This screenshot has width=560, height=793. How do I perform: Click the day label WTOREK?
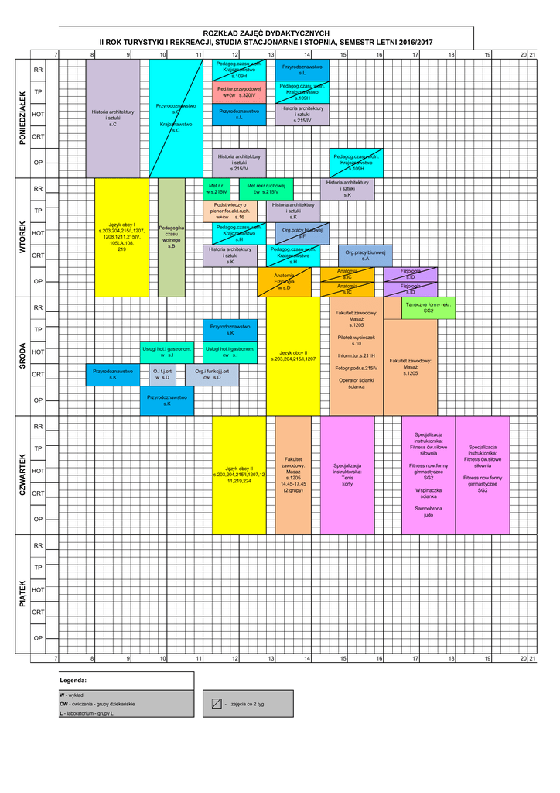22,238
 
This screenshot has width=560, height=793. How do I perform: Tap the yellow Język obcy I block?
121,237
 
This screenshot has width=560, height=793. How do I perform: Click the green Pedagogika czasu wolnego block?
172,237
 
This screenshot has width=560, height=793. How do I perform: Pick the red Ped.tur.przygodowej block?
239,91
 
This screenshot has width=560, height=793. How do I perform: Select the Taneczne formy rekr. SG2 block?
428,307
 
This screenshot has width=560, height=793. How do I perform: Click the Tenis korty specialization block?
347,475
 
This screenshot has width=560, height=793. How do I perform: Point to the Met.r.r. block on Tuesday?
217,188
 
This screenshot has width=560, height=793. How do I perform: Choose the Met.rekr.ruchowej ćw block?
266,188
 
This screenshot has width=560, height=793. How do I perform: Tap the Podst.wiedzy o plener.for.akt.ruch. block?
230,211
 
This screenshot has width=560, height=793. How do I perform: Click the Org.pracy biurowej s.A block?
365,256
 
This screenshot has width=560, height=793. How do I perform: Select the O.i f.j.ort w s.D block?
162,374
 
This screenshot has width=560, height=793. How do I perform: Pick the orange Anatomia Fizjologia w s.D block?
284,281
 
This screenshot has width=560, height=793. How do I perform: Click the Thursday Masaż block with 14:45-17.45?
293,475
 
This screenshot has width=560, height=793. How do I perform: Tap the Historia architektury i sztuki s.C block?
113,117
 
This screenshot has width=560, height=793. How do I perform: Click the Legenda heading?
73,680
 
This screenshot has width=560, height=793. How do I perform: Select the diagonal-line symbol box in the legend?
217,704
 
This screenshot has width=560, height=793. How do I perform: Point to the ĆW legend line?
97,704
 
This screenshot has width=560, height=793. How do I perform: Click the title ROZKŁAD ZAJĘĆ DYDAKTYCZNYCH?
266,33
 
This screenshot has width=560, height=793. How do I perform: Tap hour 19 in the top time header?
487,54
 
